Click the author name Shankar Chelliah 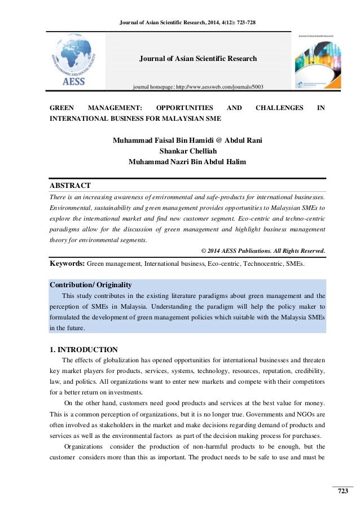[180, 150]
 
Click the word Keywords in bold [67, 263]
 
